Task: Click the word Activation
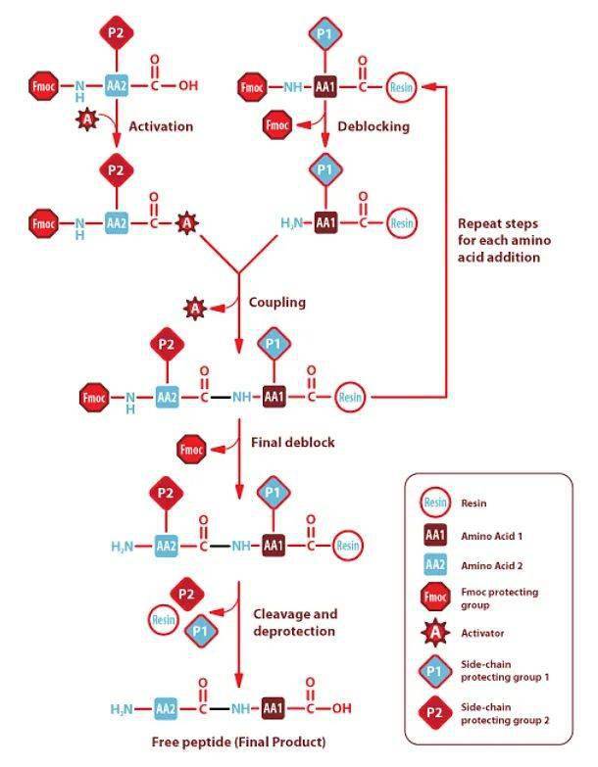coord(161,126)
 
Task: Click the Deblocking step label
coord(374,126)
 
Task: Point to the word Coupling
coord(277,303)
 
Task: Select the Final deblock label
coord(293,442)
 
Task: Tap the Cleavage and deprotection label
coord(295,622)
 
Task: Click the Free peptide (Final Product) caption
coord(238,742)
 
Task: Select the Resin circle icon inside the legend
coord(435,503)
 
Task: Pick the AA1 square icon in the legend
coord(435,535)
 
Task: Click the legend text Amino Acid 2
coord(492,565)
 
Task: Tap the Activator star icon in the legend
coord(435,633)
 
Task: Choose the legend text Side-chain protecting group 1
coord(505,671)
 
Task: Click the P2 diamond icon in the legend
coord(434,712)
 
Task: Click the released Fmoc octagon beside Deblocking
coord(277,125)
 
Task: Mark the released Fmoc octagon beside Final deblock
coord(191,449)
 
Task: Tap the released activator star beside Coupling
coord(195,309)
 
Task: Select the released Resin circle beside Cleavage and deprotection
coord(164,620)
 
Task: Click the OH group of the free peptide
coord(342,708)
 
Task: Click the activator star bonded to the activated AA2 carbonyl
coord(187,223)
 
